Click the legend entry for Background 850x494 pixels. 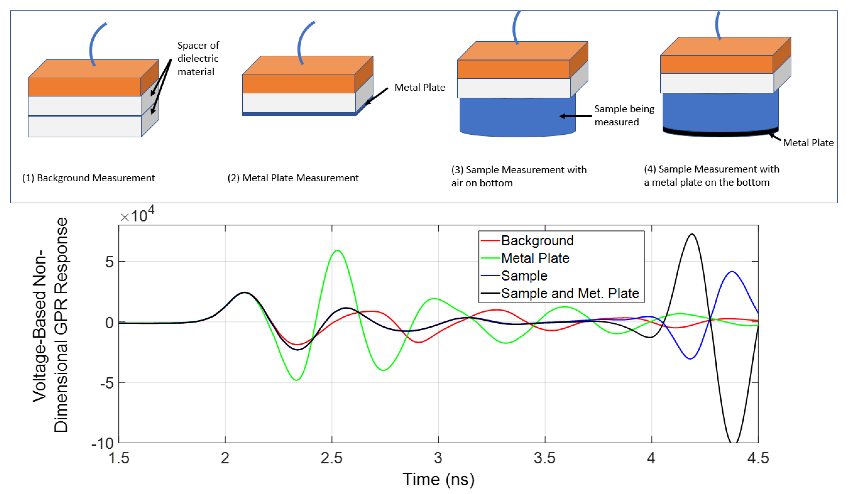coord(537,241)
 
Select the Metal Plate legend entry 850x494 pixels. coord(535,258)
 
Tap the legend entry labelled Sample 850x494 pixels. coord(524,276)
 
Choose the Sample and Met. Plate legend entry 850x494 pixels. coord(570,293)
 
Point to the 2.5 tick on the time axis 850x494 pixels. coord(331,458)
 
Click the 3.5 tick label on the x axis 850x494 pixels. coord(544,458)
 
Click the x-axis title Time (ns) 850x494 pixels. coord(438,479)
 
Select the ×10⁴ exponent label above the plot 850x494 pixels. coord(137,215)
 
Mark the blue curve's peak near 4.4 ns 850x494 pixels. coord(732,272)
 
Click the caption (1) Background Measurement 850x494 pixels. coord(88,178)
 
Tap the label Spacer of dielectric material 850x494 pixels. coord(198,58)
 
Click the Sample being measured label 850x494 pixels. coord(624,115)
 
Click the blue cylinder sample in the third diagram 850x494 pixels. coord(517,116)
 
